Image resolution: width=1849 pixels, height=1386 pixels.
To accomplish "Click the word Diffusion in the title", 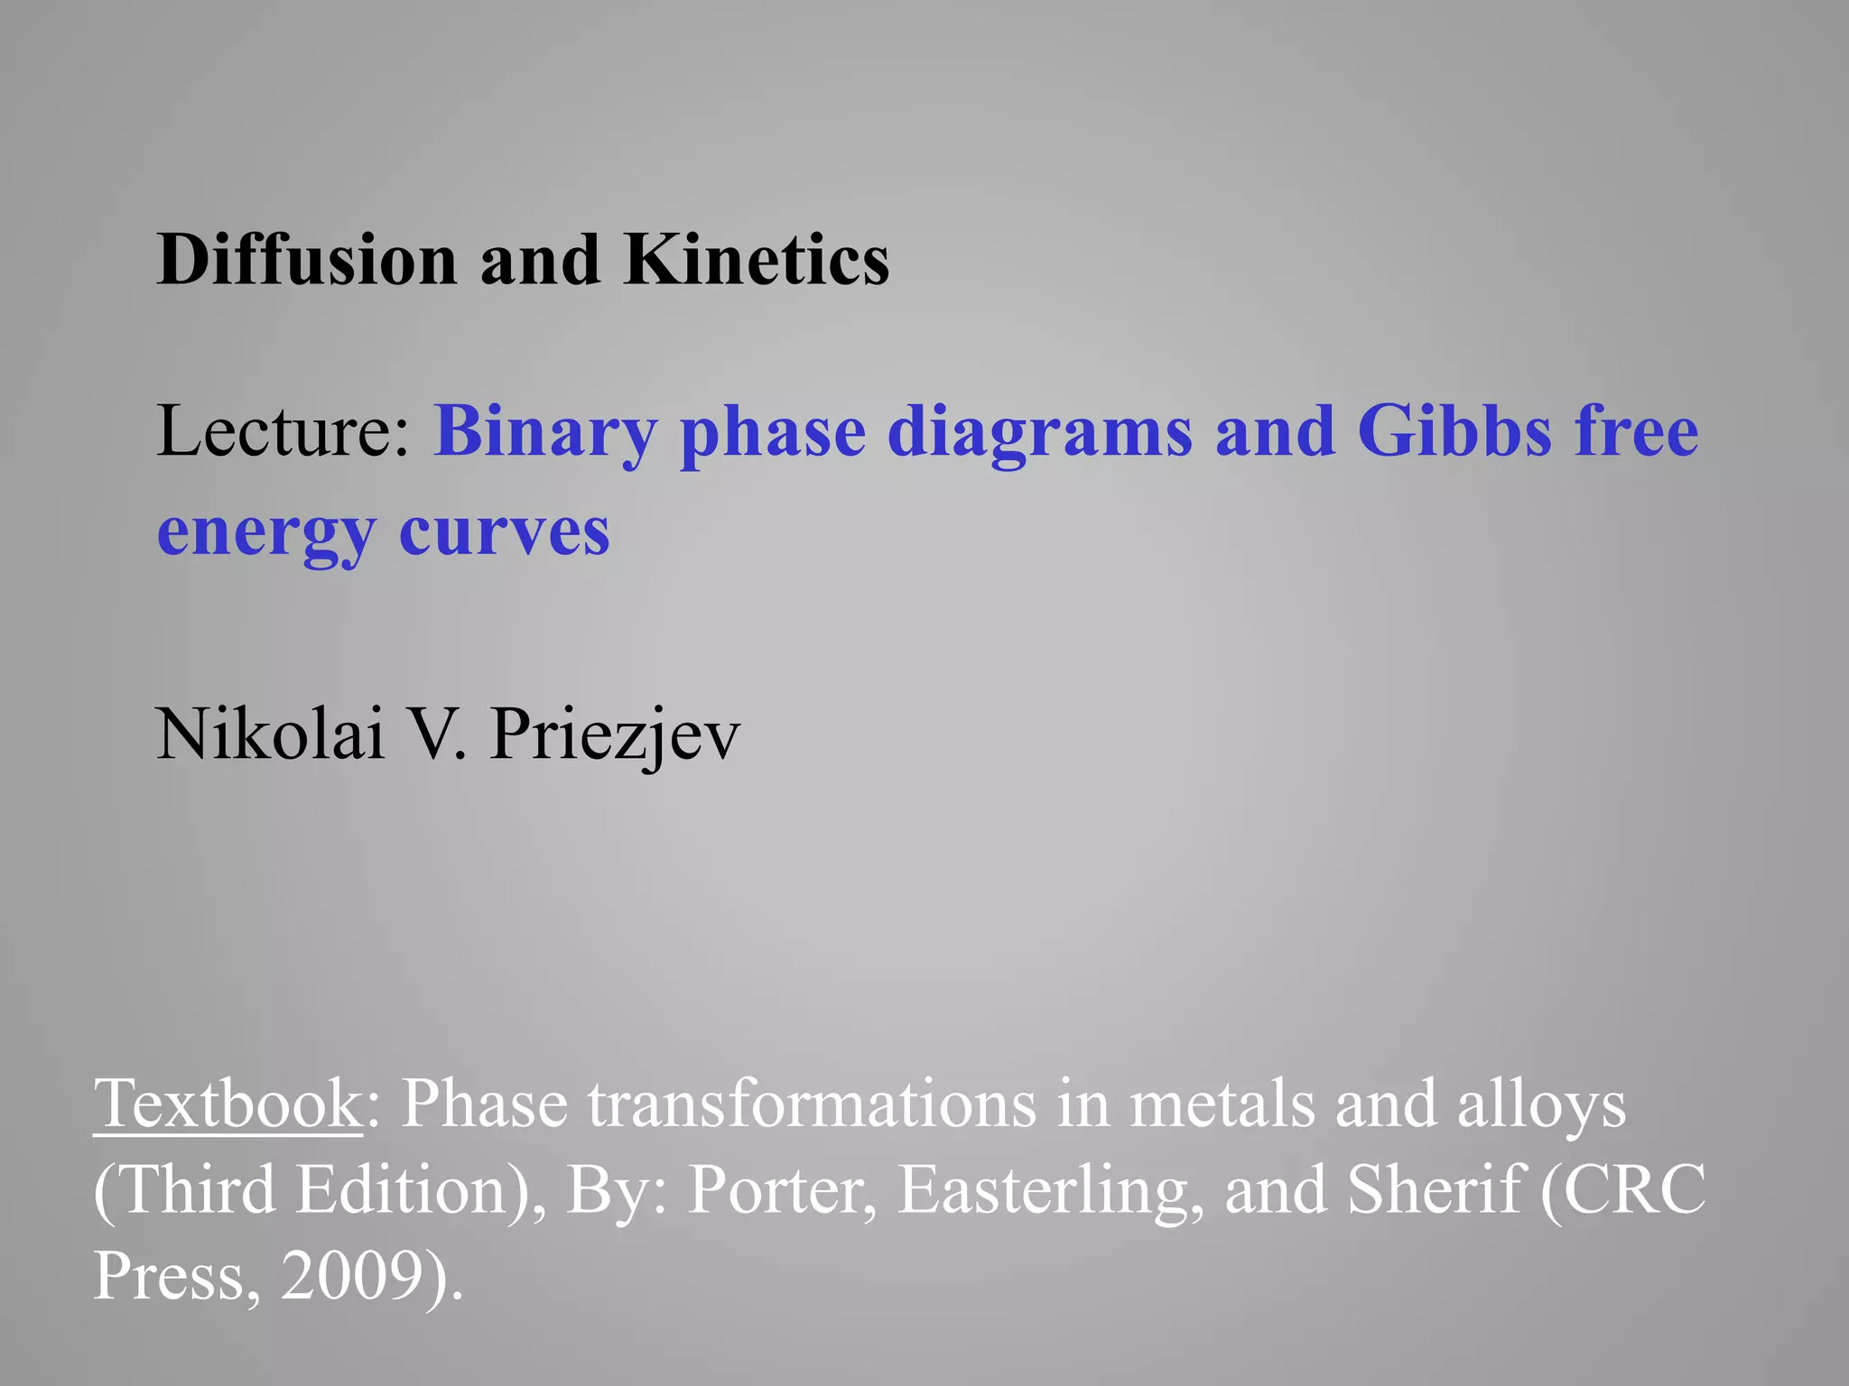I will click(x=307, y=260).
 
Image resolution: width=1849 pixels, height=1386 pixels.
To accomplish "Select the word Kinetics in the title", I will click(x=757, y=260).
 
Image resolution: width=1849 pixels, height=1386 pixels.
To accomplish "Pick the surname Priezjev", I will click(x=614, y=735).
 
